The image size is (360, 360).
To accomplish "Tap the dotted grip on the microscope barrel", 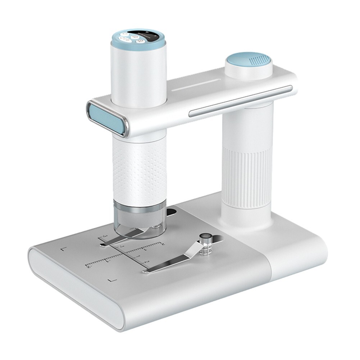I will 139,169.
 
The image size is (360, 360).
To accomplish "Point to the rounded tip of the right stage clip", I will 146,269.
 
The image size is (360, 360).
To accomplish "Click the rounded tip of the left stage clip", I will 104,245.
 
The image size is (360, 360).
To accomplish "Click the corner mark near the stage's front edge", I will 112,279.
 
